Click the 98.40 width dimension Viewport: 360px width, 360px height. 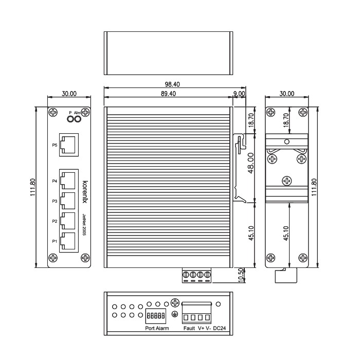[x=172, y=84]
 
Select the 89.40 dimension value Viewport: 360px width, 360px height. [x=168, y=94]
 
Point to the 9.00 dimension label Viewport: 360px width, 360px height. [x=239, y=94]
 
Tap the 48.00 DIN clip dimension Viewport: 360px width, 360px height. [x=251, y=163]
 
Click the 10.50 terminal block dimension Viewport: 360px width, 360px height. [x=241, y=275]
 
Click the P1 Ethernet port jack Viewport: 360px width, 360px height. [x=68, y=241]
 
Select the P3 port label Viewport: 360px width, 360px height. [x=55, y=201]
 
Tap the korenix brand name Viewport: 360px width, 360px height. [x=85, y=192]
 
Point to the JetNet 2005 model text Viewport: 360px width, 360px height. [x=84, y=225]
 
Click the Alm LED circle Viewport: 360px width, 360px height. [x=78, y=119]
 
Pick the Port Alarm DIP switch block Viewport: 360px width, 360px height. [x=156, y=316]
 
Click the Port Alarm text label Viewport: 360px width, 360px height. [x=157, y=328]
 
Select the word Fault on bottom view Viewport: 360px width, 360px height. [x=189, y=328]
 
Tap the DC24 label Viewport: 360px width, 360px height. [x=220, y=328]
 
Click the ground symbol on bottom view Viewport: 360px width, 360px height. [x=175, y=314]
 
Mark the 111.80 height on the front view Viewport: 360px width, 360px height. [x=33, y=187]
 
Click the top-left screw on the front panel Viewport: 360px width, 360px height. [x=53, y=113]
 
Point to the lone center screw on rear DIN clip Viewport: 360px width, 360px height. [x=287, y=181]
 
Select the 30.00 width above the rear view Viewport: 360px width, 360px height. [x=287, y=94]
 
